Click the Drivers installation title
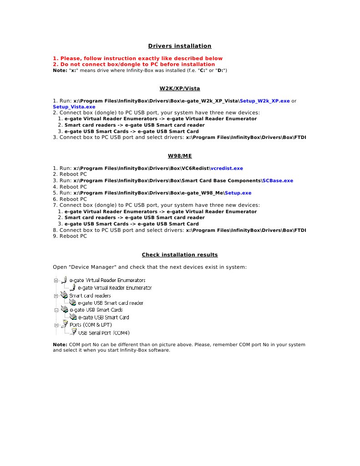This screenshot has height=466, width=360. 180,46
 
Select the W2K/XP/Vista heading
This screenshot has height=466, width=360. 180,88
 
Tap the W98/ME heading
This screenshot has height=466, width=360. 180,156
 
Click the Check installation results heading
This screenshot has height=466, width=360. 180,255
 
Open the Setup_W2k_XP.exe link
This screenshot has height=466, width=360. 264,100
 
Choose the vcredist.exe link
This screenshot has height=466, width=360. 226,168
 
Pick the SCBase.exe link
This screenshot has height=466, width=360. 278,180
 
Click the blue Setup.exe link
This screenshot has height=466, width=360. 240,193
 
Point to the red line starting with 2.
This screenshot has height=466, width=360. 134,65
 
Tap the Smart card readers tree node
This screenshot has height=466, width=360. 90,296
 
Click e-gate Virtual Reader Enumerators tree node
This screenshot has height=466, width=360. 107,280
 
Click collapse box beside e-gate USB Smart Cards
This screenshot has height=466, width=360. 56,310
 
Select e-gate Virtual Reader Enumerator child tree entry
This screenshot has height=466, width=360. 115,288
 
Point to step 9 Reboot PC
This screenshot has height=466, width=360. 70,236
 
